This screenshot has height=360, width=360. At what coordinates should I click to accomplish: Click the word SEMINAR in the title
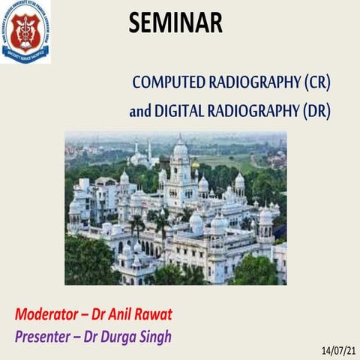click(175, 22)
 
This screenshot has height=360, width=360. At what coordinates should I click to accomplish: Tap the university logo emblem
click(25, 31)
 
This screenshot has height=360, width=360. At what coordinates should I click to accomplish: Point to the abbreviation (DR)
click(315, 111)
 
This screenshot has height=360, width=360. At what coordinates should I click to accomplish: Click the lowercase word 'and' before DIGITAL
click(139, 111)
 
